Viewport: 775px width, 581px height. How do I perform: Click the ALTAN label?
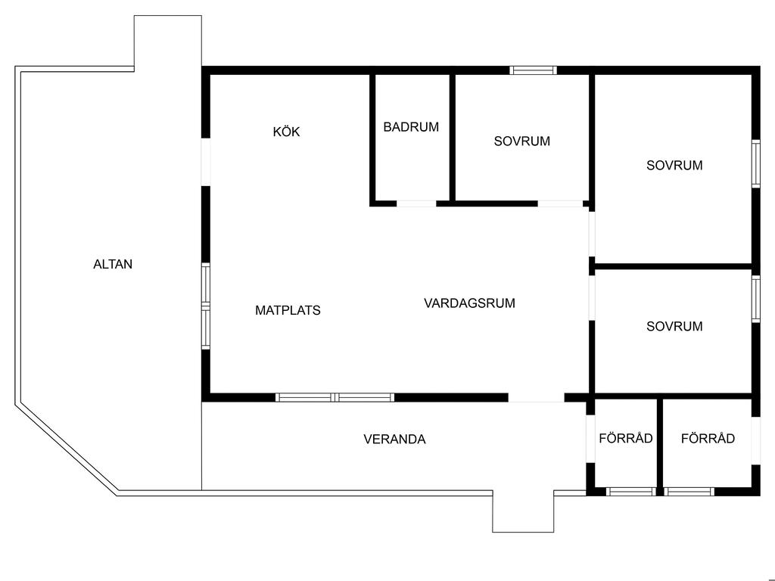tap(113, 265)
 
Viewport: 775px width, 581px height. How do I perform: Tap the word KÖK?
tap(286, 132)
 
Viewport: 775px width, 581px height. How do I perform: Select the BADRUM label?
tap(411, 127)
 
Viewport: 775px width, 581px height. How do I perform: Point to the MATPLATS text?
tap(288, 310)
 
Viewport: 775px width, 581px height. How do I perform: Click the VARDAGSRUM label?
tap(469, 303)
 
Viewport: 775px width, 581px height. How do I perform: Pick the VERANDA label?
tap(394, 439)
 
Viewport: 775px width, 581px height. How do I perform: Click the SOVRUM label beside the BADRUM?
tap(521, 141)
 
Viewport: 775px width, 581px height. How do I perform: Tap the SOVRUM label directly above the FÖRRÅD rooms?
tap(674, 327)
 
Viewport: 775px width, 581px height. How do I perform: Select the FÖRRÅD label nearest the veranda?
tap(625, 438)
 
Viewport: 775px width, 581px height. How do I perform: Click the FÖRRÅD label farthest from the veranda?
tap(708, 438)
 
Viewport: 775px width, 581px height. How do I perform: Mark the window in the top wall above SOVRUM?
tap(534, 70)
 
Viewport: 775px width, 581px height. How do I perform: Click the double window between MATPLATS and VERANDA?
tap(335, 397)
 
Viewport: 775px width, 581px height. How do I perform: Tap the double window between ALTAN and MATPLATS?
tap(205, 306)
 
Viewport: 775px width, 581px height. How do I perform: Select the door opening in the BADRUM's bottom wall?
tap(416, 203)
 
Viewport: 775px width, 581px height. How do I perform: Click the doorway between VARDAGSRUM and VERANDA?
tap(536, 397)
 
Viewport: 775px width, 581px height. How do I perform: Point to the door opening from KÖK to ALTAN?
tap(205, 162)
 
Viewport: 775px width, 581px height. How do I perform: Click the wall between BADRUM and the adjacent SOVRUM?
tap(452, 138)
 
